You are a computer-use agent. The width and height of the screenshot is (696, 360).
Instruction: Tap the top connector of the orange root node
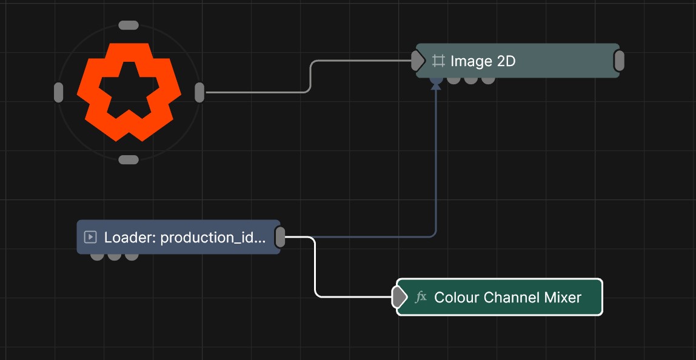(129, 25)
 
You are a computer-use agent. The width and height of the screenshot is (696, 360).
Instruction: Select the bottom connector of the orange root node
(129, 160)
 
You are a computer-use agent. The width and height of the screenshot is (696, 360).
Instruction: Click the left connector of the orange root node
(58, 92)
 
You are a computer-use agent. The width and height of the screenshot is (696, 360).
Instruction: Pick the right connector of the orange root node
(199, 92)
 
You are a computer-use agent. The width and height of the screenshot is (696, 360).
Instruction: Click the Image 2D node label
(483, 61)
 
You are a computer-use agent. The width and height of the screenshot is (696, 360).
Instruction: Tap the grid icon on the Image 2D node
(438, 61)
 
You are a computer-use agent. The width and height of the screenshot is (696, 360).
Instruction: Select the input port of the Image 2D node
(418, 61)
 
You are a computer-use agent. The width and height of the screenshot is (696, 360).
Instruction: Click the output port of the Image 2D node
(619, 61)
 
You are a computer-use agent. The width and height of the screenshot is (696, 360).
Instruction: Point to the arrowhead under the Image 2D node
(437, 85)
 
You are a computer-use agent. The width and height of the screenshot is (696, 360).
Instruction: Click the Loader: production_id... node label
(185, 238)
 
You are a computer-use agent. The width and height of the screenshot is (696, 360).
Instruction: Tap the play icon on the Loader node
(90, 237)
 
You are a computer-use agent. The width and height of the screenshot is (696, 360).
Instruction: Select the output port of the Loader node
(280, 237)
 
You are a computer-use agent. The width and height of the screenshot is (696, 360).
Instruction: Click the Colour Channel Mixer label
(507, 297)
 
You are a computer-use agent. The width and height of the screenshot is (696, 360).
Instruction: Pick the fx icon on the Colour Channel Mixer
(421, 296)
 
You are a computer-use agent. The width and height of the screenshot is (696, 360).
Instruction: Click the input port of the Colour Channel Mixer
(399, 297)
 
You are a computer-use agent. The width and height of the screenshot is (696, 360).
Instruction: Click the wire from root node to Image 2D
(309, 76)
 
